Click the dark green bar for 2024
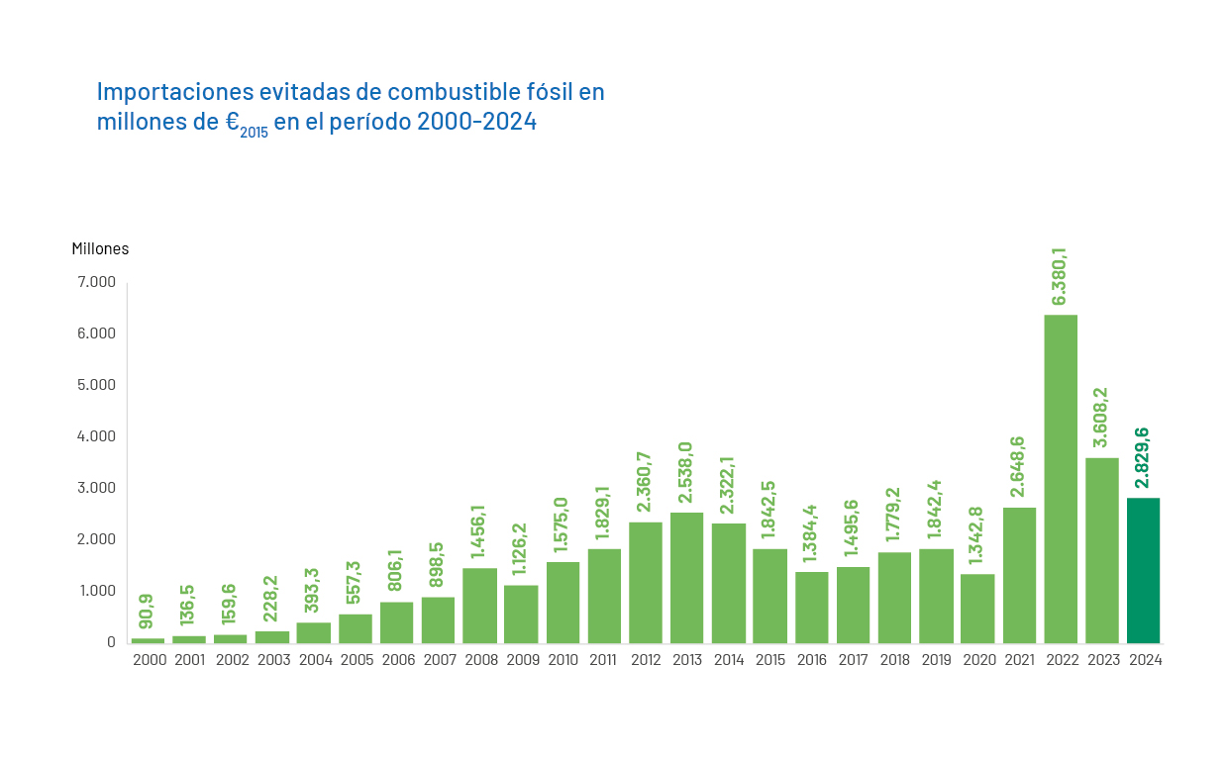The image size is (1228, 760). click(1143, 570)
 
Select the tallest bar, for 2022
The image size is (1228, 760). click(1061, 479)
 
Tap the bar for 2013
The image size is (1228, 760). click(687, 578)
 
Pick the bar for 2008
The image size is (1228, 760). click(480, 605)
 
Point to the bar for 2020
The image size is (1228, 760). click(977, 608)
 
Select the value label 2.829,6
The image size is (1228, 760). click(1143, 457)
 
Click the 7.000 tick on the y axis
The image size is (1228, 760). click(96, 282)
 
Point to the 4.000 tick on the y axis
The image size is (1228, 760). click(96, 436)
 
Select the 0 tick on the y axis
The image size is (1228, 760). click(111, 642)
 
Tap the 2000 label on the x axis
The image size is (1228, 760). click(149, 660)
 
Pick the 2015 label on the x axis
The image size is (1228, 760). click(770, 660)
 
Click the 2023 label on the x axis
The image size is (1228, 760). click(1102, 660)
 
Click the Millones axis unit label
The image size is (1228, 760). click(100, 248)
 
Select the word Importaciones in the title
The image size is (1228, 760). click(174, 92)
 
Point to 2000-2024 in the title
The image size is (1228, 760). click(476, 122)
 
